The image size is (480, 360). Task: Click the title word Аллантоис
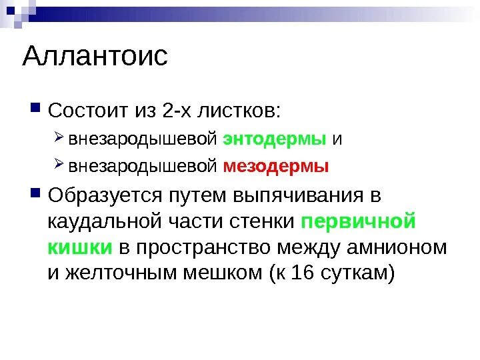coord(95,57)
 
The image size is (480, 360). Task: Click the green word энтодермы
coord(275,139)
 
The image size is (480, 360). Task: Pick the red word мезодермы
coord(276,167)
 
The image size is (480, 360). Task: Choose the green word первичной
coord(359,222)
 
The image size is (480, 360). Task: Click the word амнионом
coord(396,248)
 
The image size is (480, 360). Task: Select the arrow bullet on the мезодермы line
coord(59,165)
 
